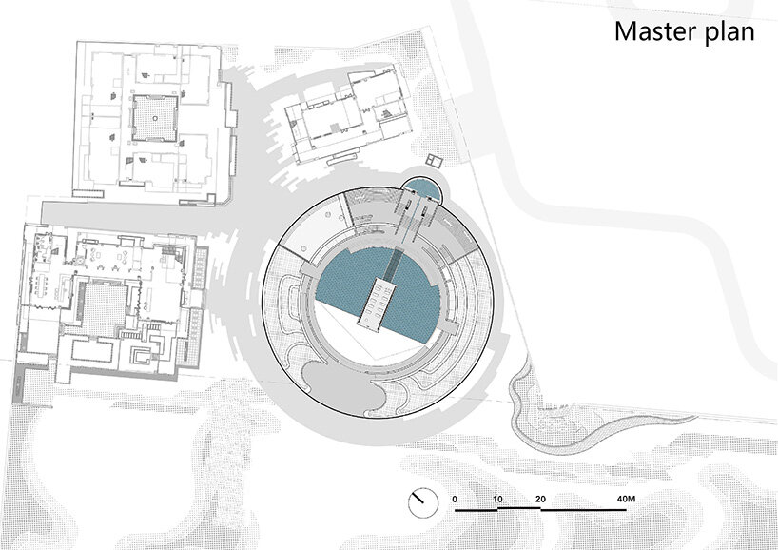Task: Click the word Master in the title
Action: [650, 30]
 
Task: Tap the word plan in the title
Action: [724, 32]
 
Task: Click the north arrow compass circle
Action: [423, 502]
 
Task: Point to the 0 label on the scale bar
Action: [455, 499]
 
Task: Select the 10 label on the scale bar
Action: [497, 499]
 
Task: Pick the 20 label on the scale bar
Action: [540, 499]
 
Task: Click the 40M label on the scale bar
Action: [626, 499]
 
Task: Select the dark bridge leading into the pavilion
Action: [396, 265]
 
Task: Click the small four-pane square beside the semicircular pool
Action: [434, 161]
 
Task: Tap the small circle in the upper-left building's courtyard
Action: [155, 118]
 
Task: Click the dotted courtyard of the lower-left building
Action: [104, 307]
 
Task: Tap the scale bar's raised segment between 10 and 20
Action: [519, 508]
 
